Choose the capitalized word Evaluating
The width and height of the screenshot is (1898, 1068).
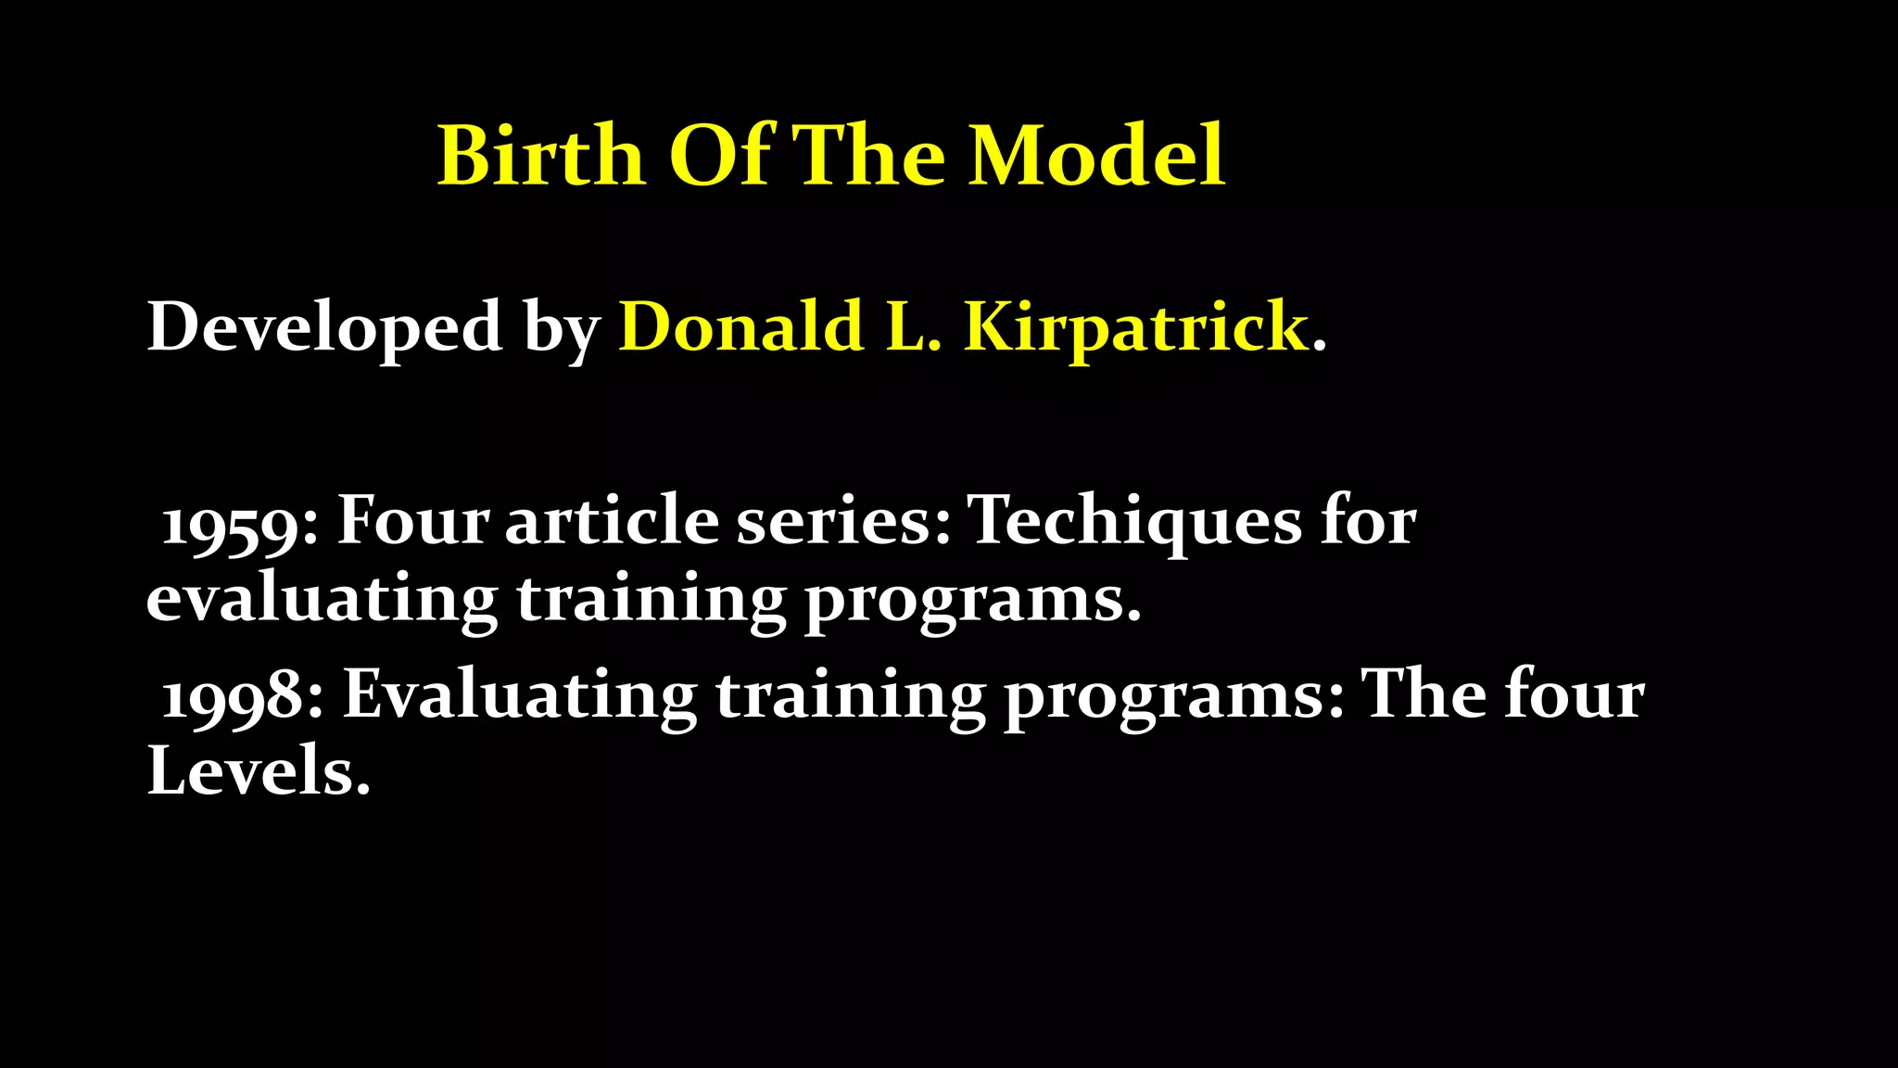519,695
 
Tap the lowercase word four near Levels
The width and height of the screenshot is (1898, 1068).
1575,695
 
